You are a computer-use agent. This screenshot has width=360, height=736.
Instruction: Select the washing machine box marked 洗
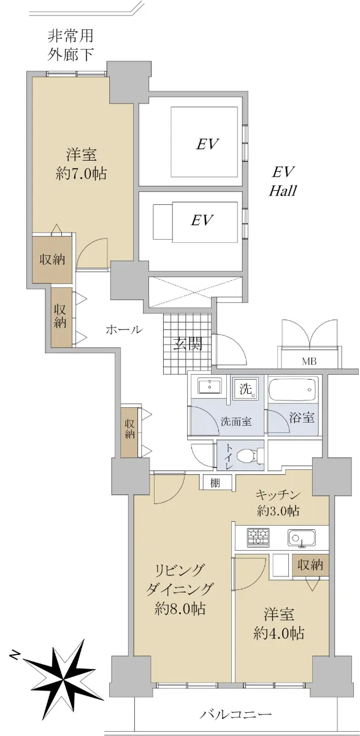pos(245,389)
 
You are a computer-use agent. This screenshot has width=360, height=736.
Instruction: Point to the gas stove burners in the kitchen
pos(258,537)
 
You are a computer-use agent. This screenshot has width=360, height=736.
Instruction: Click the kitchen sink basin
pos(302,537)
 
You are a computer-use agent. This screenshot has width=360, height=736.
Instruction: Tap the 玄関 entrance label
pos(188,344)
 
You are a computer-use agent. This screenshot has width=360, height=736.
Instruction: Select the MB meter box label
pos(309,361)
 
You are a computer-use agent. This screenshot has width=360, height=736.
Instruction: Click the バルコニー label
pos(236,714)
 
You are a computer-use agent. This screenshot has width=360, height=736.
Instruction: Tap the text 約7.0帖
pos(81,173)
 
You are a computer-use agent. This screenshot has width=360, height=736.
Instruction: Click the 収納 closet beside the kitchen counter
pos(310,565)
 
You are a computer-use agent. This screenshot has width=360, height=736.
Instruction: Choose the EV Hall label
pos(283,181)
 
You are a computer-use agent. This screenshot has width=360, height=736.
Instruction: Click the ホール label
pos(124,329)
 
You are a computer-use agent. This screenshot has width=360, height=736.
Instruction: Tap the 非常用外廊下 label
pos(71,45)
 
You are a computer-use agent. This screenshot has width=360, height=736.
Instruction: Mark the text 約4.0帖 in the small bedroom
pos(278,634)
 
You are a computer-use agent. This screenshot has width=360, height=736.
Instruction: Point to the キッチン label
pos(278,494)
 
